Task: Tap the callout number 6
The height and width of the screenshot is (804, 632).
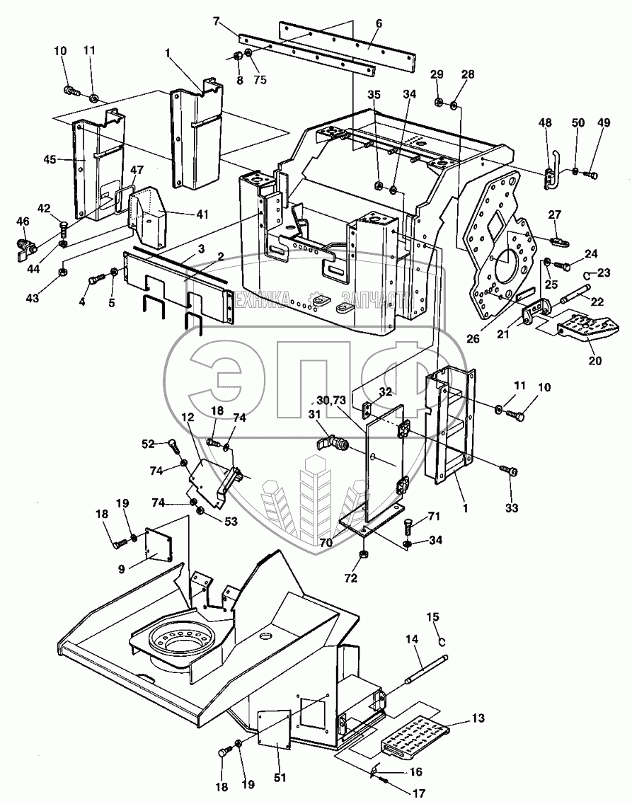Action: pyautogui.click(x=379, y=23)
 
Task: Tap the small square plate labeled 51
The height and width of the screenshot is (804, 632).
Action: pyautogui.click(x=274, y=728)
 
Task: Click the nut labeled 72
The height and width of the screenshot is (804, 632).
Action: pyautogui.click(x=363, y=555)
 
